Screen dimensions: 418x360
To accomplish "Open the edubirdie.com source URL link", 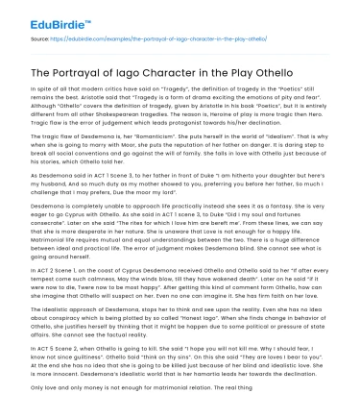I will tap(164, 41).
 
